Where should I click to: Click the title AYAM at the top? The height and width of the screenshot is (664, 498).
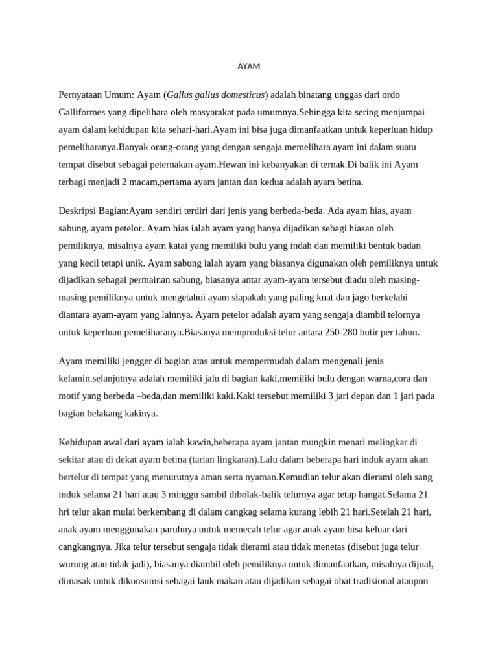click(x=249, y=67)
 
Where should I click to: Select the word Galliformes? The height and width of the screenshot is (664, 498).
click(x=82, y=113)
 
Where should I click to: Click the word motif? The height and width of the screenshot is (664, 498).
click(x=70, y=396)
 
